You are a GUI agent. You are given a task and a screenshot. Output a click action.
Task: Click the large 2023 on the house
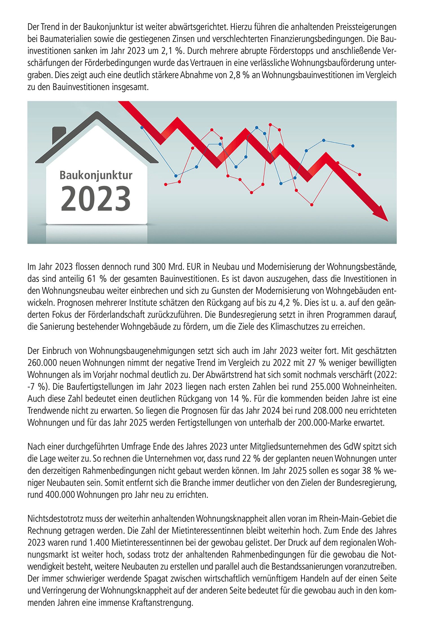point(96,198)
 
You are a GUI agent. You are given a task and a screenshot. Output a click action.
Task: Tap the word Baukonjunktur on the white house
point(96,175)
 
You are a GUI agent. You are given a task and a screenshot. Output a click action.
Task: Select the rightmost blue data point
point(353,146)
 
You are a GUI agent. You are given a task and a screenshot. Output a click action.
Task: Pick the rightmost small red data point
point(360,175)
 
